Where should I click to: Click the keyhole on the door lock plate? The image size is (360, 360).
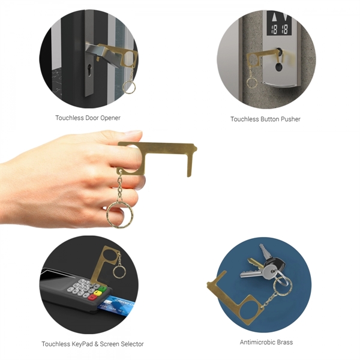pos(89,70)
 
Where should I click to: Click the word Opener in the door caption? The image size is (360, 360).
pos(110,118)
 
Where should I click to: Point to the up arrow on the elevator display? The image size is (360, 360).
pos(274,17)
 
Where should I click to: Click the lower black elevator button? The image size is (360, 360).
pos(279,67)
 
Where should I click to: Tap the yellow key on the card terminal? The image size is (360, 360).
pos(98,293)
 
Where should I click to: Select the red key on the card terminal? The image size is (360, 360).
pos(92,298)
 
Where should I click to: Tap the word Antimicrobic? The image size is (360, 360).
pos(257,342)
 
